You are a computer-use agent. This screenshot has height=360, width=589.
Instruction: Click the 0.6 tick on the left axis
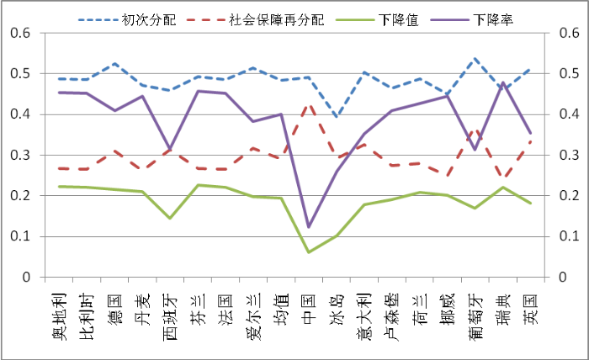pos(18,33)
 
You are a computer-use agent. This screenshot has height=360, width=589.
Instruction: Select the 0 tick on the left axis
pos(25,277)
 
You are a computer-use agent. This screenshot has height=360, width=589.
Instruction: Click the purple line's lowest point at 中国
pos(308,227)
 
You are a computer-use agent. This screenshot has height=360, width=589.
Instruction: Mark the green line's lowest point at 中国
pos(308,251)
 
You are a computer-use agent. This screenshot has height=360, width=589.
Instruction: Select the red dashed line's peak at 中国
pos(308,105)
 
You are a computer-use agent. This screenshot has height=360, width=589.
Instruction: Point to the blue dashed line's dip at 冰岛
pos(336,117)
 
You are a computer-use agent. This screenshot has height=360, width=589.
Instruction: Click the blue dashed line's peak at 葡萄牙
pos(475,58)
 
